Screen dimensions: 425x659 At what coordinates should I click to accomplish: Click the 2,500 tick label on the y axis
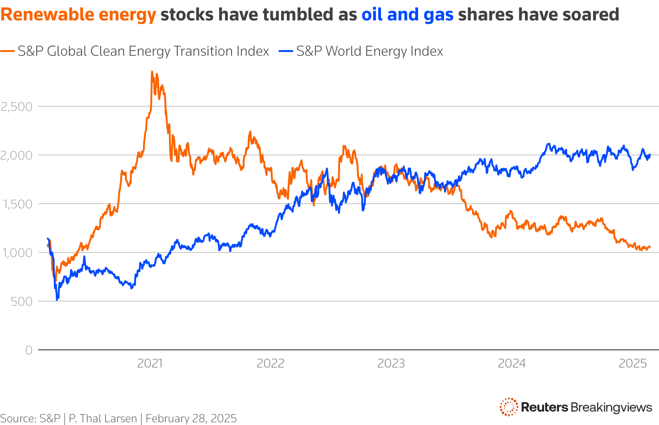(17, 107)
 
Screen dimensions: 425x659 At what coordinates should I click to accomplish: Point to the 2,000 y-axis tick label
(17, 155)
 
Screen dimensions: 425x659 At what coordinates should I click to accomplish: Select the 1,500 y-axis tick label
(17, 204)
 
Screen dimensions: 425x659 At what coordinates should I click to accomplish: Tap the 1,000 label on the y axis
(17, 253)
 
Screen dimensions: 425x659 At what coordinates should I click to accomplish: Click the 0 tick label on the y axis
(29, 350)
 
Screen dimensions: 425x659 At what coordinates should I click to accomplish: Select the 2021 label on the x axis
(150, 363)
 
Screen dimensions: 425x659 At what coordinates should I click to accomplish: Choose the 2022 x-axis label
(271, 363)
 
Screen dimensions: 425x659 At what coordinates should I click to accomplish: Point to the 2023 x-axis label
(391, 363)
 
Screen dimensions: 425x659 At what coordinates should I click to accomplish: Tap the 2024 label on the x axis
(512, 363)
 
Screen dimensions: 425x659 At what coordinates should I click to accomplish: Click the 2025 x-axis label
(633, 363)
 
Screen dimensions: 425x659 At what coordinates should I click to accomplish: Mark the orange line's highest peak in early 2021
(152, 72)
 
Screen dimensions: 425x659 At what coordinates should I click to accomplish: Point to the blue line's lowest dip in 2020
(57, 300)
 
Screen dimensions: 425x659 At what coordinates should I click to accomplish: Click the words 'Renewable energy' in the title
(78, 15)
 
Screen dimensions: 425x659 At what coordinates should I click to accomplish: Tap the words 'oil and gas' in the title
(407, 15)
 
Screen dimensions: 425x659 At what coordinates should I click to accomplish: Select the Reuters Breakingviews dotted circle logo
(509, 407)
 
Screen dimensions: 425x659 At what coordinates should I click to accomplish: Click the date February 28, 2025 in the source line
(191, 419)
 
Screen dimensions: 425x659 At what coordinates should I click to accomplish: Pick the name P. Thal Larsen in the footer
(103, 419)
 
